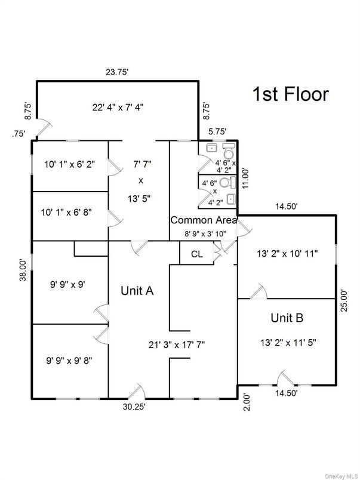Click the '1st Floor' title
[x=290, y=94]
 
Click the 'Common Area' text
[x=204, y=220]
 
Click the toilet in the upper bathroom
[x=227, y=149]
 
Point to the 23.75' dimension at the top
[x=118, y=72]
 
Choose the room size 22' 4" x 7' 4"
[x=118, y=107]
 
